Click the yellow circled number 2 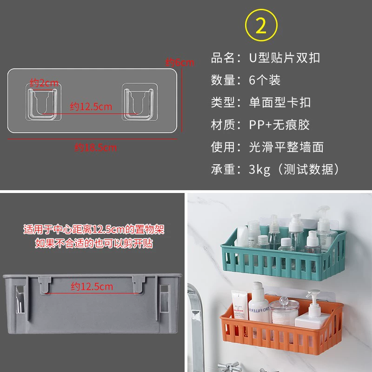pyautogui.click(x=261, y=25)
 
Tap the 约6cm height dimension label pyautogui.click(x=179, y=62)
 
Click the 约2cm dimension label pyautogui.click(x=44, y=83)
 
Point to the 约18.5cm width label pyautogui.click(x=95, y=147)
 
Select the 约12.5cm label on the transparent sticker pyautogui.click(x=91, y=106)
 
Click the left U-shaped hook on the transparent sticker pyautogui.click(x=43, y=102)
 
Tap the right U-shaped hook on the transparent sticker pyautogui.click(x=139, y=102)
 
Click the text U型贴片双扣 pyautogui.click(x=285, y=58)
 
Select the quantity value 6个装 pyautogui.click(x=265, y=80)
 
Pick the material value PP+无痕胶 pyautogui.click(x=279, y=125)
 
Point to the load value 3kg pyautogui.click(x=259, y=169)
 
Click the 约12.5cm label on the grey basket pyautogui.click(x=92, y=286)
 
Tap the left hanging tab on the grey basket pyautogui.click(x=45, y=285)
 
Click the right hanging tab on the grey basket pyautogui.click(x=139, y=285)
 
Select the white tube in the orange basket pyautogui.click(x=239, y=305)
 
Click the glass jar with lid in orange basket pyautogui.click(x=284, y=311)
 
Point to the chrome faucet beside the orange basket pyautogui.click(x=196, y=327)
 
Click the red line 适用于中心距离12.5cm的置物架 pyautogui.click(x=94, y=229)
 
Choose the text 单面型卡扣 pyautogui.click(x=280, y=102)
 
